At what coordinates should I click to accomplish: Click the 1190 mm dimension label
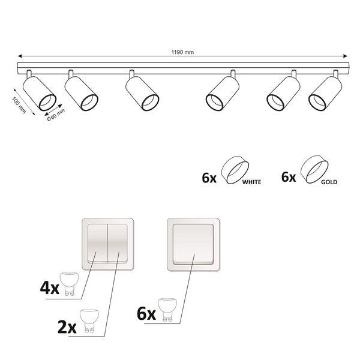click(x=182, y=52)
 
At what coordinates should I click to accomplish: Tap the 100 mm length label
click(x=19, y=105)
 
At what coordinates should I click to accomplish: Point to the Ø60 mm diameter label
click(x=56, y=115)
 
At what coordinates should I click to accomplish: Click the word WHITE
click(x=251, y=182)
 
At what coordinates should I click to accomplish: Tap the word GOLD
click(x=329, y=182)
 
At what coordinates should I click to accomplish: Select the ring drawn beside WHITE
click(x=235, y=170)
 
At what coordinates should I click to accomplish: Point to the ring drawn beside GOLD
click(x=314, y=169)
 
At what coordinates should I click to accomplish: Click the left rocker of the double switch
click(x=97, y=244)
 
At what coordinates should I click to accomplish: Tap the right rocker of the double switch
click(x=118, y=244)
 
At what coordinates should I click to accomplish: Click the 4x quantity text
click(x=50, y=287)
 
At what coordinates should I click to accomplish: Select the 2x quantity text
click(x=67, y=327)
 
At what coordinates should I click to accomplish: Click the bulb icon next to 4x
click(x=69, y=284)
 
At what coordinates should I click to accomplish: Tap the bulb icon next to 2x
click(x=89, y=321)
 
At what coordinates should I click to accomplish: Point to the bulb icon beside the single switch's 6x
click(x=167, y=310)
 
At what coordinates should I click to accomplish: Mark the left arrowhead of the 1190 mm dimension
click(x=20, y=56)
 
